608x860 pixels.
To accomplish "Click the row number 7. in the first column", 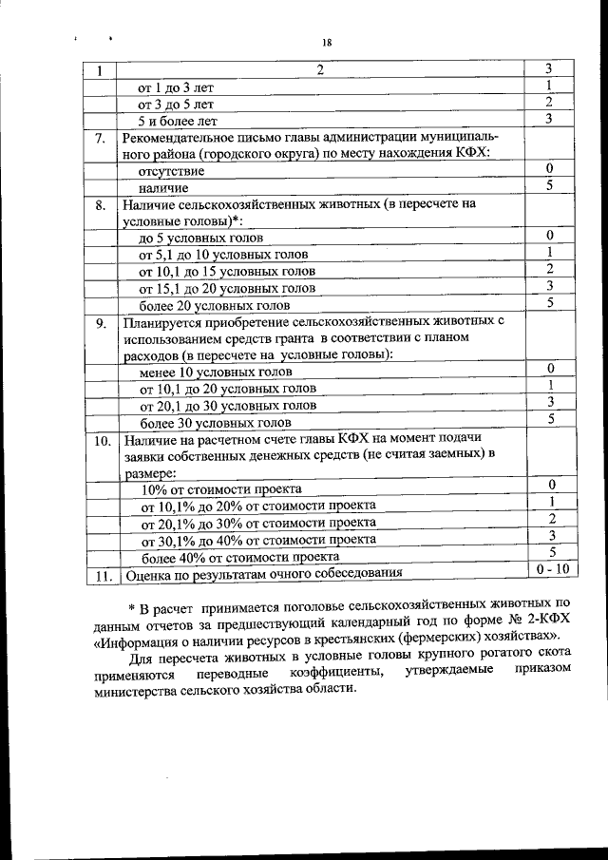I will (100, 138).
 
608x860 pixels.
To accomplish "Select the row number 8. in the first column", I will (100, 204).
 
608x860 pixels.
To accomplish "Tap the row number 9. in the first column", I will (100, 323).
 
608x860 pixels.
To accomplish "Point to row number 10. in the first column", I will (102, 441).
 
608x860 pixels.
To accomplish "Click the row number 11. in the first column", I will (102, 574).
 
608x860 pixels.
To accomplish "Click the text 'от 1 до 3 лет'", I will (177, 87).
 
